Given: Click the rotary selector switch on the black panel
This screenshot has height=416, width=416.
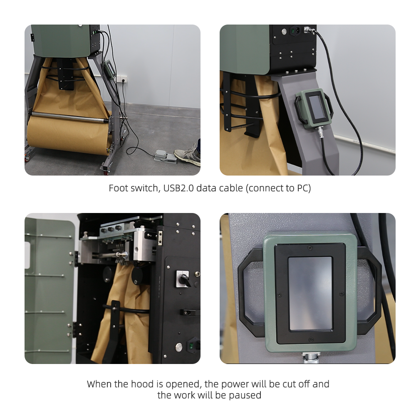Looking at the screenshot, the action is pos(183,279).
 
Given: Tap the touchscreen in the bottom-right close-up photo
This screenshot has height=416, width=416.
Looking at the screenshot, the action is pos(310,293).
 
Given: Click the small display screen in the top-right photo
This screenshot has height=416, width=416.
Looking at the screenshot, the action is pos(317,106).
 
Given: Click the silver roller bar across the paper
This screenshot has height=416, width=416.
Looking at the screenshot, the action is pos(70,117).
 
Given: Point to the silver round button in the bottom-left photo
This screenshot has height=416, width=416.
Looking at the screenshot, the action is pos(179,347).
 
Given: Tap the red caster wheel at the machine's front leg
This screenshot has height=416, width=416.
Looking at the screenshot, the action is pos(106,173).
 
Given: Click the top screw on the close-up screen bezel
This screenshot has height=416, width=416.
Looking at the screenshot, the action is pos(310,248).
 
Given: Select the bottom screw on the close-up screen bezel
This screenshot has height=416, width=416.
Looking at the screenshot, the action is pos(311,339).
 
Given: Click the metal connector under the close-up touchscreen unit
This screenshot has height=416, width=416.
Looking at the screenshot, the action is pos(310,358).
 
